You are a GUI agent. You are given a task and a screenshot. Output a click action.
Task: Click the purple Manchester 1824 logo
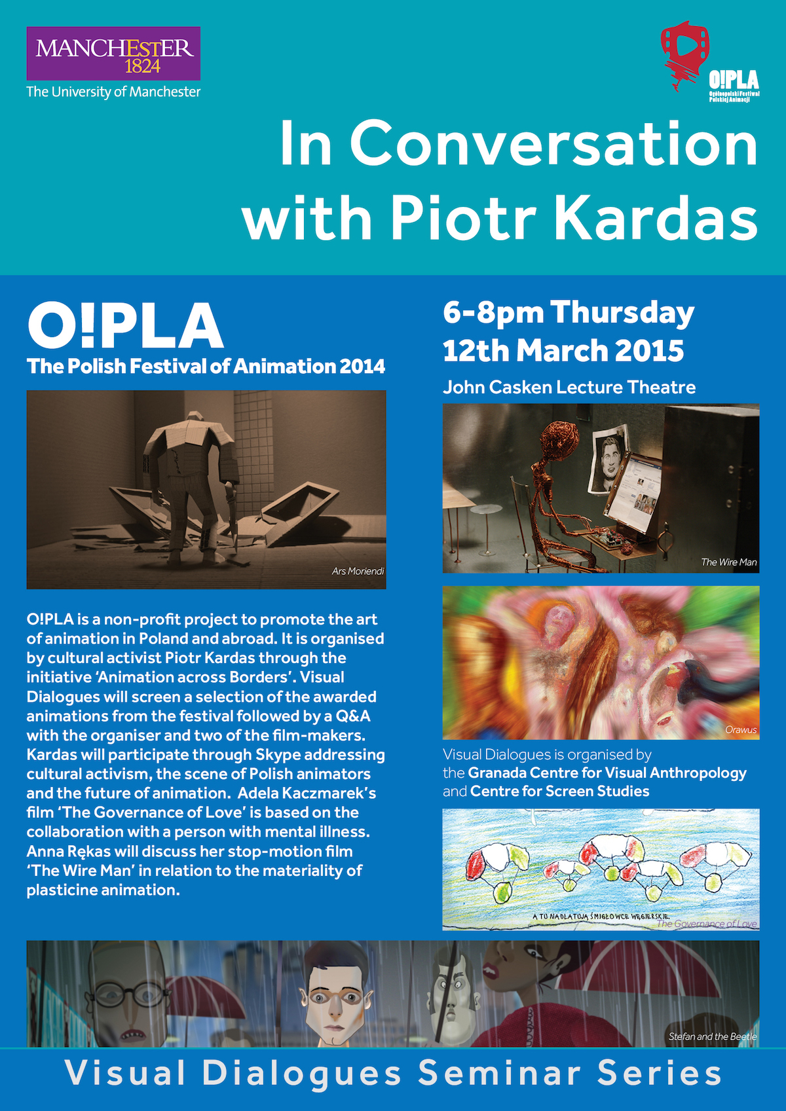[113, 54]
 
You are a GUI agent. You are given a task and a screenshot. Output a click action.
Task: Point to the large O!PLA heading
[125, 326]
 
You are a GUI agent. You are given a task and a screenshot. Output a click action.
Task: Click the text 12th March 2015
[563, 351]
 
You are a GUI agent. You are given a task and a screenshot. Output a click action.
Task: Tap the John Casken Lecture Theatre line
[569, 388]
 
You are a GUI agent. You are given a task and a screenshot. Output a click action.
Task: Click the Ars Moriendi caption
[358, 572]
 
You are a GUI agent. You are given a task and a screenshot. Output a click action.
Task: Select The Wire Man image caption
[728, 562]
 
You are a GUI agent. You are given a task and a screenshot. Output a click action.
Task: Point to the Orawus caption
[741, 729]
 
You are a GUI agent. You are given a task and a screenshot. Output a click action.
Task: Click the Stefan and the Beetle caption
[712, 1036]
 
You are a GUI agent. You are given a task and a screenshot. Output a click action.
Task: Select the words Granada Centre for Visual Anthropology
[607, 773]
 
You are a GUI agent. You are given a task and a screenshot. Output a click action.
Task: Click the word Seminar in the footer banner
[499, 1074]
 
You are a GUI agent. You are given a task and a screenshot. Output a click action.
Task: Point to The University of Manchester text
[113, 92]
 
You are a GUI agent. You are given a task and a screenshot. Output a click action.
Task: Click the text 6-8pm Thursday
[568, 313]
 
